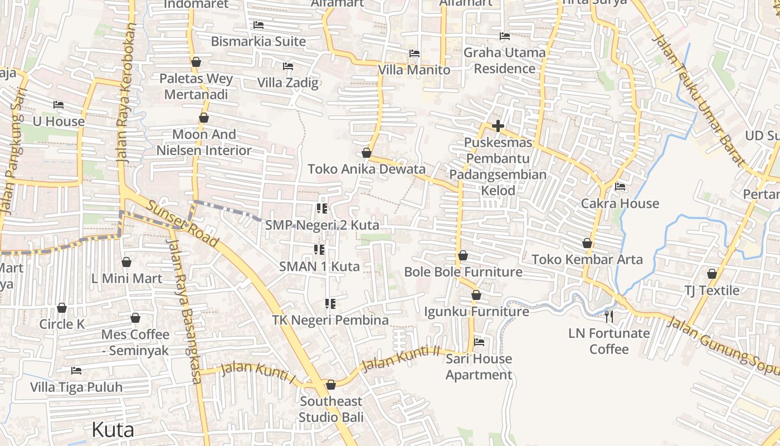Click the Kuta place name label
[x=113, y=430]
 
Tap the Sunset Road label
[x=182, y=224]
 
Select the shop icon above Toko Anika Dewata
[x=367, y=153]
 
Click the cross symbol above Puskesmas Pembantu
[x=498, y=126]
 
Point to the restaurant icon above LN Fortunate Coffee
[x=609, y=317]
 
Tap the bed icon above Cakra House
[x=620, y=187]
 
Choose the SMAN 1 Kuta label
[x=319, y=266]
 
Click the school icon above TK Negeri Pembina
[x=330, y=304]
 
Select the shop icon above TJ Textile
[x=711, y=274]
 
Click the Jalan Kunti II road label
[x=401, y=359]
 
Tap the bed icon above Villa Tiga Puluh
[x=76, y=371]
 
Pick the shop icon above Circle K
[x=62, y=308]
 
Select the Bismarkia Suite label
[x=259, y=41]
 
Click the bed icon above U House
[x=58, y=105]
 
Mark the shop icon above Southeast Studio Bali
[x=331, y=385]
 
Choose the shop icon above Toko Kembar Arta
[x=587, y=243]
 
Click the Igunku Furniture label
[x=476, y=311]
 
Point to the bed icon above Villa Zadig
[x=288, y=66]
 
